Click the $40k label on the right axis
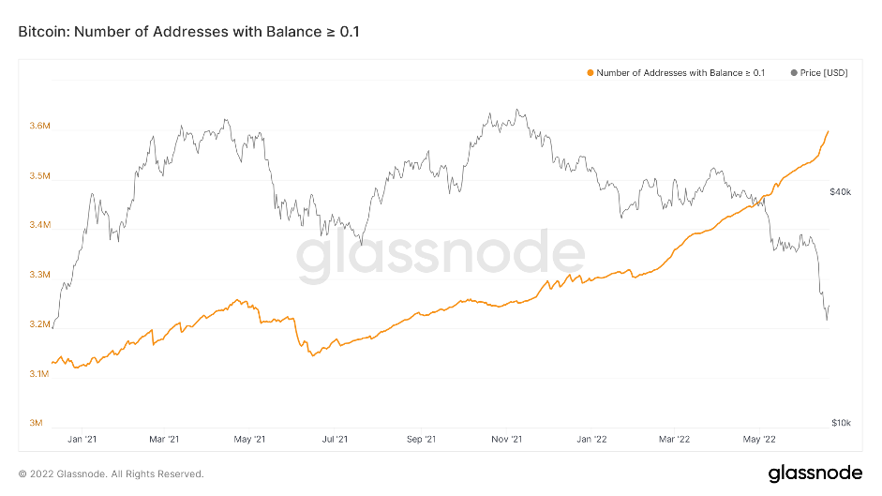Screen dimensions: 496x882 coord(840,192)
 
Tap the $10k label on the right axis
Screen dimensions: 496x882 coord(840,423)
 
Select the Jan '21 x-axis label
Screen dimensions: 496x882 coord(83,439)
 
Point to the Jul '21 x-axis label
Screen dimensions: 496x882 coord(335,439)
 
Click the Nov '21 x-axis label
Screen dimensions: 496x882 coord(506,439)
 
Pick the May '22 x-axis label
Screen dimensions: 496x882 coord(758,439)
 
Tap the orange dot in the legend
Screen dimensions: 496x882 coord(590,72)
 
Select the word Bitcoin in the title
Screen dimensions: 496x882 coord(42,32)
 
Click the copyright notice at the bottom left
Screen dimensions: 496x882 coord(111,473)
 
